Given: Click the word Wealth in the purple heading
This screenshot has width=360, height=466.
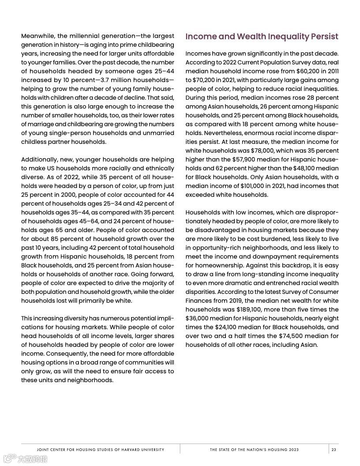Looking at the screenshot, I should coord(252,36).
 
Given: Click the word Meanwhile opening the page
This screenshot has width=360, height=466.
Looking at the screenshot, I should coord(37,36).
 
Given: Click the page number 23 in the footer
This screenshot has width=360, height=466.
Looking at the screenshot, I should coord(334,450).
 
